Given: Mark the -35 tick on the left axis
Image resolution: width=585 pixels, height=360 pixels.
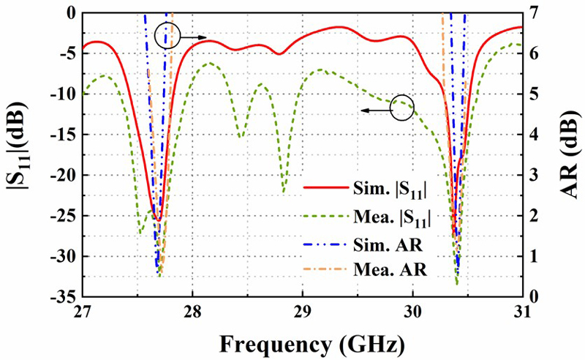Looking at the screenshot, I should (x=63, y=297).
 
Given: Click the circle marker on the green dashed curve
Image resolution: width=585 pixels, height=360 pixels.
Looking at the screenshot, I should (x=402, y=108).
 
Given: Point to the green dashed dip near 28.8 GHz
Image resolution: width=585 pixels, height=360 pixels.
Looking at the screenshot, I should (x=284, y=192).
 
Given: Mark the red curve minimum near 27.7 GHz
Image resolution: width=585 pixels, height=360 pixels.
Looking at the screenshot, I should (x=157, y=220).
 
